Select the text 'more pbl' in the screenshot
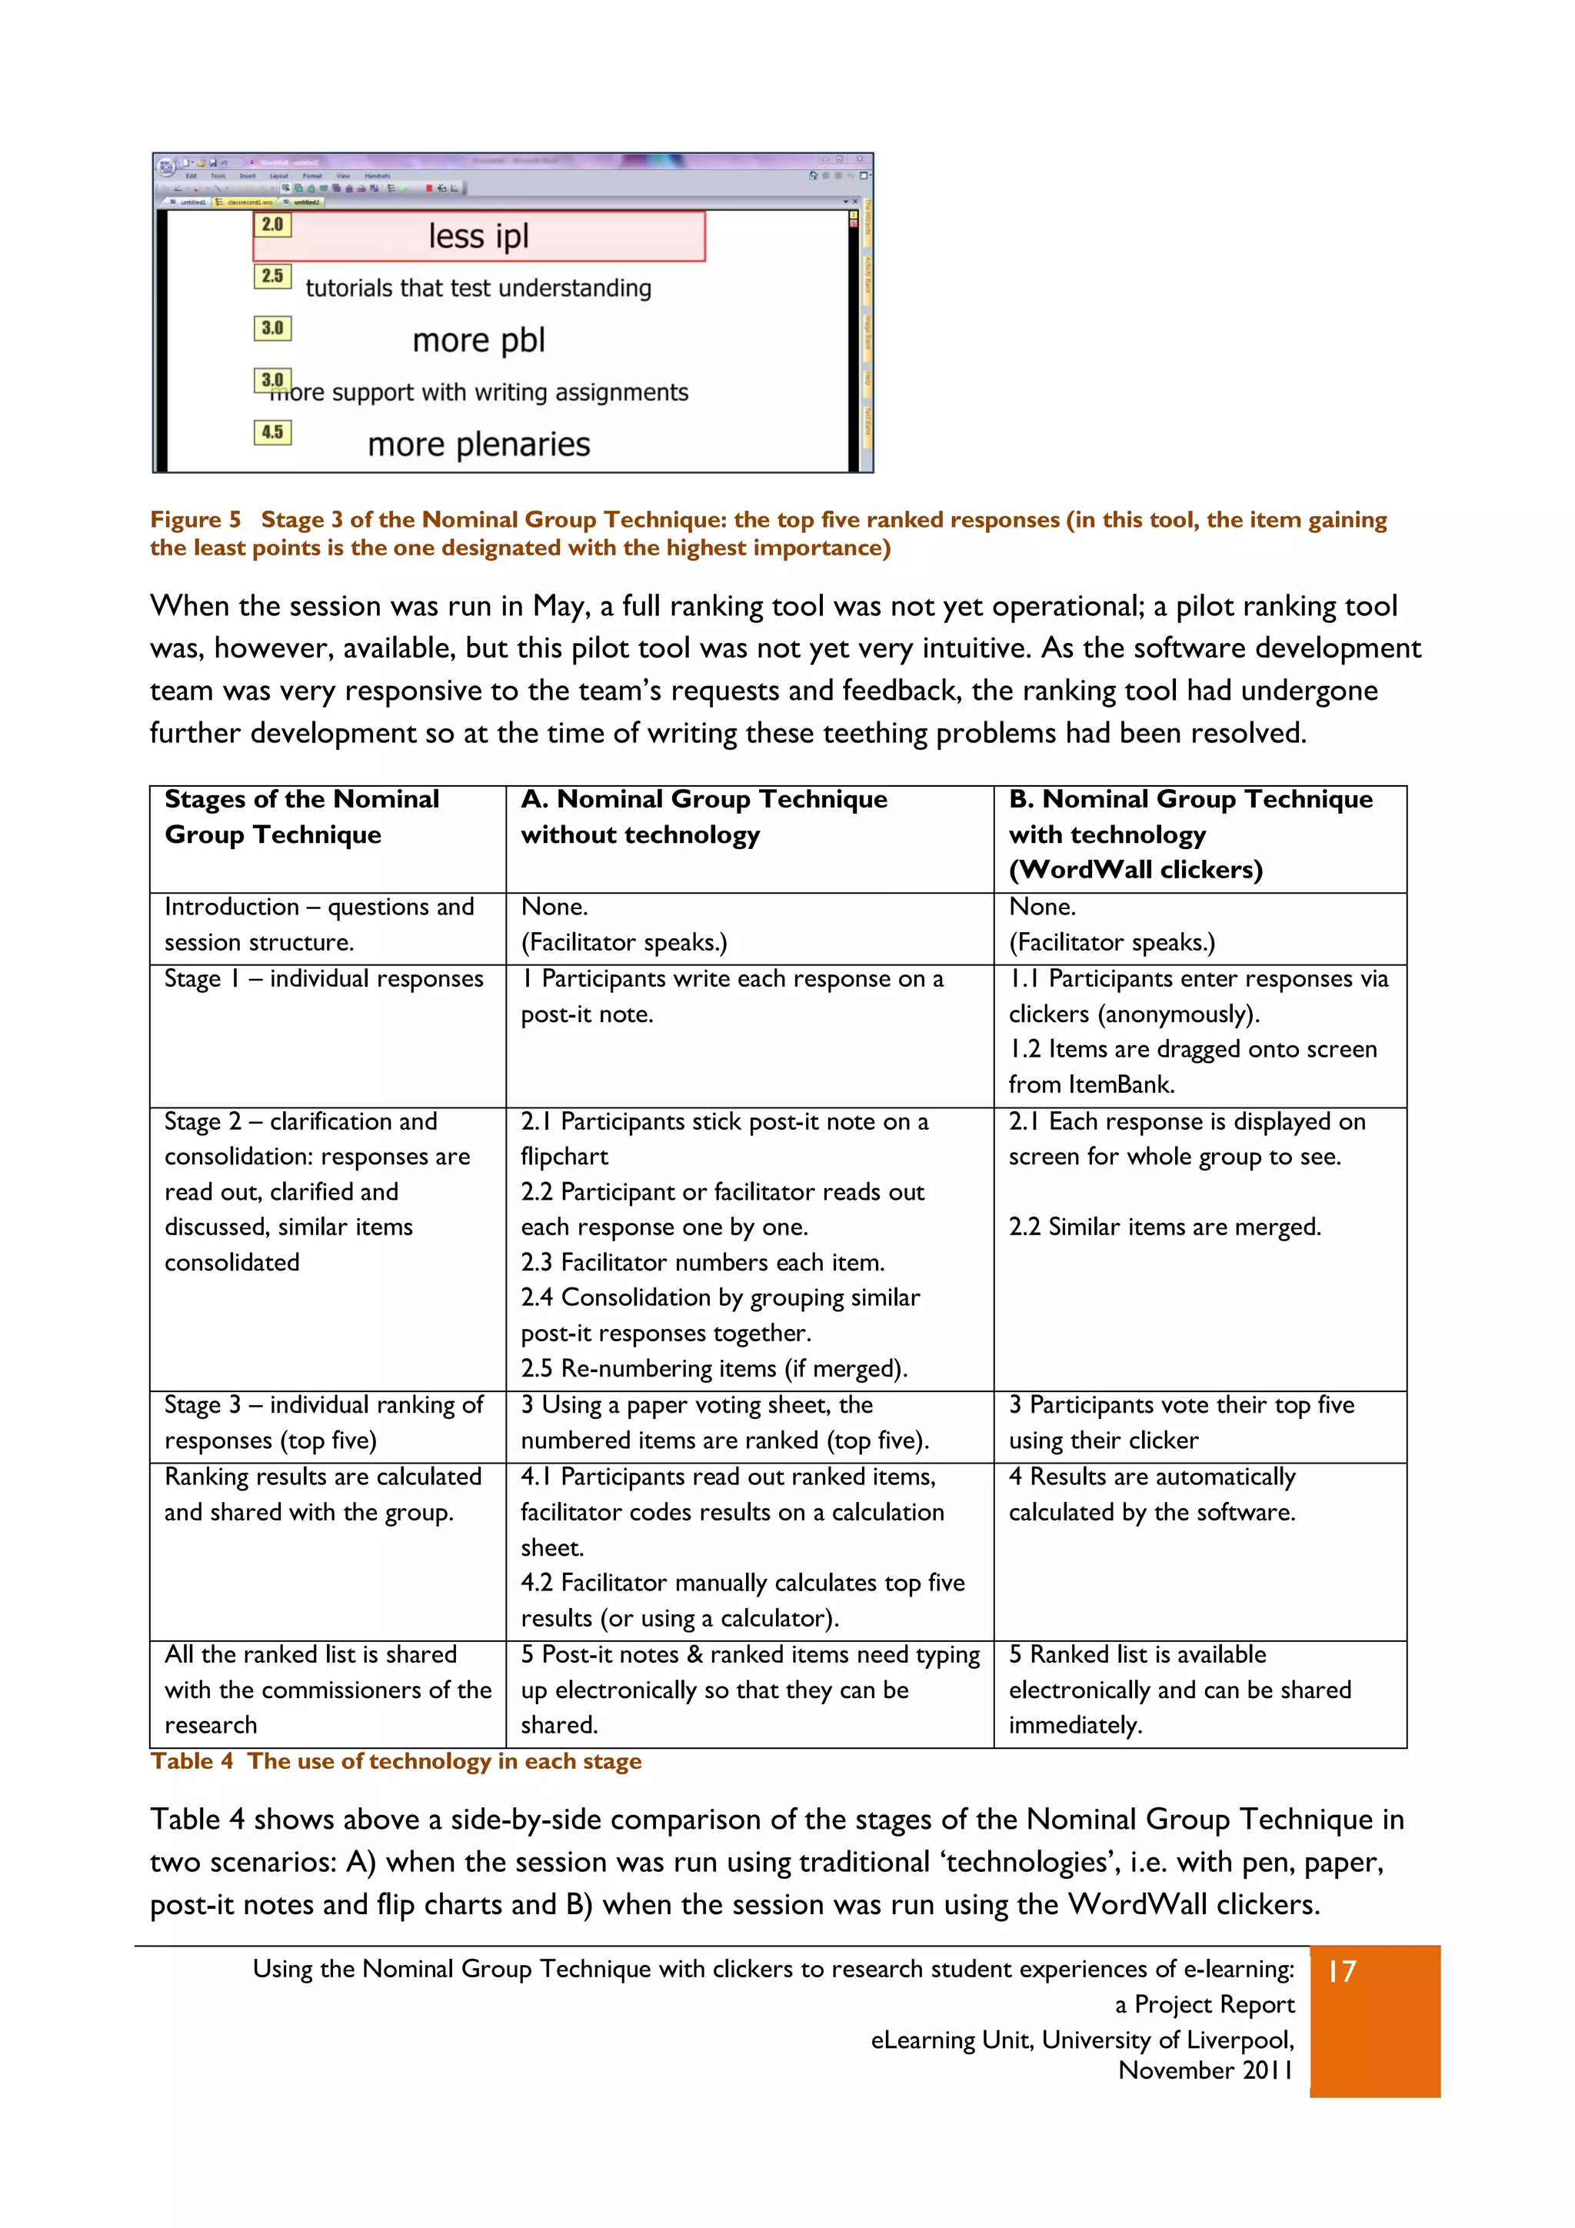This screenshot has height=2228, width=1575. pos(478,341)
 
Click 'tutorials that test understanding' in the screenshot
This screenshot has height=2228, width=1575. pos(478,288)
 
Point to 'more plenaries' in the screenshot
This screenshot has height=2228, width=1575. pos(478,445)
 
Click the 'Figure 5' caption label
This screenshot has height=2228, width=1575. pos(195,520)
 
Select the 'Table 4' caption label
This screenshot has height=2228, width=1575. pos(191,1761)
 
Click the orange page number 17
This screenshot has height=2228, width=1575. pos(1342,1972)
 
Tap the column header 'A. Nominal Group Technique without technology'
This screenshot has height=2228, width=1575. pos(704,817)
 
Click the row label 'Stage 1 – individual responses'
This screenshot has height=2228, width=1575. pos(323,978)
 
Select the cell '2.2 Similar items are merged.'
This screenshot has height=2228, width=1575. pos(1164,1227)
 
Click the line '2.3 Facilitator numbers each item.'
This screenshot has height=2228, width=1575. pos(703,1263)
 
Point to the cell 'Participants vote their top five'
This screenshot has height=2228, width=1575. pos(1181,1405)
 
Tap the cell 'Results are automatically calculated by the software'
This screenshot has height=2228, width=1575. pos(1152,1494)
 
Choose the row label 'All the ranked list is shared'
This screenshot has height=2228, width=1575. pos(311,1654)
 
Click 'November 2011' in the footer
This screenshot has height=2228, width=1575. pos(1205,2070)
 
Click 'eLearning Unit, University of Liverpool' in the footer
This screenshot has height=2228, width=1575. pos(1082,2040)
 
